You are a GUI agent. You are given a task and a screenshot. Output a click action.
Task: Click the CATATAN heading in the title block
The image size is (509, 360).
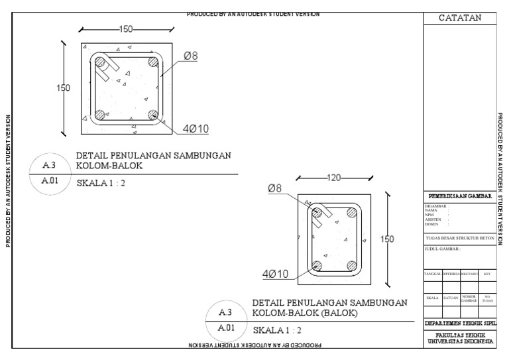point(460,18)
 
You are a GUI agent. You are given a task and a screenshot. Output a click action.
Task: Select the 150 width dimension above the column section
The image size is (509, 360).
point(126,29)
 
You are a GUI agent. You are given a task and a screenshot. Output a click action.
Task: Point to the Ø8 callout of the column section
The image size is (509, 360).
point(190,56)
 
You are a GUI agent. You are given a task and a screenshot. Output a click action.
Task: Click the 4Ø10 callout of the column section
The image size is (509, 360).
point(196,129)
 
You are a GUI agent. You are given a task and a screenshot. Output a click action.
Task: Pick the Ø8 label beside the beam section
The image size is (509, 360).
point(275,188)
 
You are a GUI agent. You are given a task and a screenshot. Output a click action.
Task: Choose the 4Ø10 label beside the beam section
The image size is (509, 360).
point(274,273)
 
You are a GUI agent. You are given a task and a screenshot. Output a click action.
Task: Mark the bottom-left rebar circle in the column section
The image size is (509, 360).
point(99,115)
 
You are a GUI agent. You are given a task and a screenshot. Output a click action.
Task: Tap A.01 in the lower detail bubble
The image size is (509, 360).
point(225,328)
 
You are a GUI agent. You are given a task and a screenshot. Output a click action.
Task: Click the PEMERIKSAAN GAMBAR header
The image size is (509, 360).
point(460,196)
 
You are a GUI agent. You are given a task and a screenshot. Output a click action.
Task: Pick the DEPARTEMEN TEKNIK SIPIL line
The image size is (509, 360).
point(460,322)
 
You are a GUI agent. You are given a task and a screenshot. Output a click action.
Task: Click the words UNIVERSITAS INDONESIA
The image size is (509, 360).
point(460,341)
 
